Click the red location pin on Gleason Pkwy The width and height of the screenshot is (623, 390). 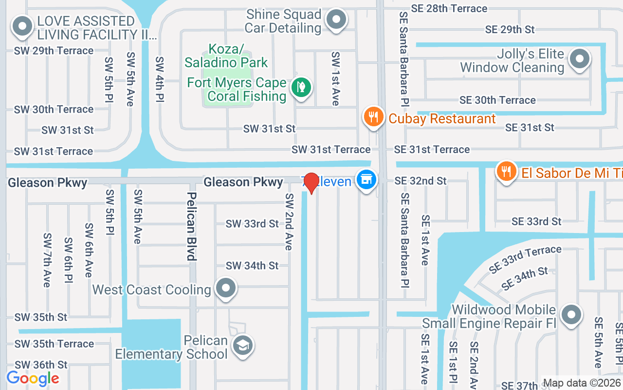coord(311,183)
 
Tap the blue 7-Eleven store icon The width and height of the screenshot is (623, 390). coord(366,180)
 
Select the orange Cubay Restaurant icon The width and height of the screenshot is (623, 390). coord(373,117)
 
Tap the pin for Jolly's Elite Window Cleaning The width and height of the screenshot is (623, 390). coord(579,59)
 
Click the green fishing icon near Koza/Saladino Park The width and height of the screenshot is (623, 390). coord(301,88)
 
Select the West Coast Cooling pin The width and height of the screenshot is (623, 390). coord(225,288)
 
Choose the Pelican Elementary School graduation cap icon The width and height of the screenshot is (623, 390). coord(242,345)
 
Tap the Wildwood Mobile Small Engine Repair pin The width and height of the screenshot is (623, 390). coord(571,315)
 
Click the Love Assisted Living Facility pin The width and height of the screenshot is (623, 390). coord(22,27)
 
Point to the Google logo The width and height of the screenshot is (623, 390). coord(33,378)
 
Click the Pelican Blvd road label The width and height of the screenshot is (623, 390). coord(192,226)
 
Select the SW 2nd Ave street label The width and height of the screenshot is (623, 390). coord(290,222)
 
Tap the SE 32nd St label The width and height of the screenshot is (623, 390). coord(420,181)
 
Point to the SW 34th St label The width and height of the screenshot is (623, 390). coord(252,266)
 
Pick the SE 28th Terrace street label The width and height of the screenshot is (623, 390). coord(449,8)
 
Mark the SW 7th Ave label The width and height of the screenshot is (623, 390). coord(47,260)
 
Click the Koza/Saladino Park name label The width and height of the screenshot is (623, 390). coord(226,56)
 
